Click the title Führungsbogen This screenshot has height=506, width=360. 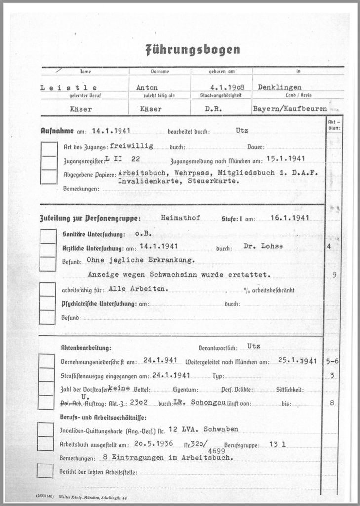(192, 50)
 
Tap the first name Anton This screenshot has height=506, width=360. (147, 87)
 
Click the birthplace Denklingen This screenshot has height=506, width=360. (279, 87)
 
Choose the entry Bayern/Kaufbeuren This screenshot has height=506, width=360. (289, 108)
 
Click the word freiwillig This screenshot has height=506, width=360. (131, 146)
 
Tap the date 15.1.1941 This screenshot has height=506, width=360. (285, 159)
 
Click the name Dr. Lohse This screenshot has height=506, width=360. (263, 246)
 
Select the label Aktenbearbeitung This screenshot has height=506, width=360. (86, 348)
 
